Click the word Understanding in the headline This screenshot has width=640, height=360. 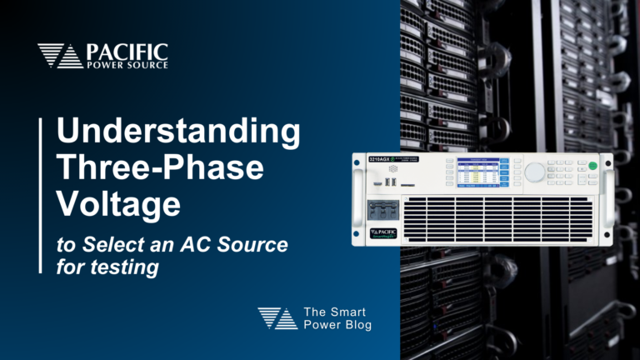[178, 134]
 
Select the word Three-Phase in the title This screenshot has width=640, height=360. [160, 169]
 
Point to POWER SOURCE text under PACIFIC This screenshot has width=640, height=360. [127, 65]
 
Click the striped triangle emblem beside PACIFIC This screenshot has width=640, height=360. [60, 56]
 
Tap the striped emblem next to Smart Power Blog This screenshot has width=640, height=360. [277, 317]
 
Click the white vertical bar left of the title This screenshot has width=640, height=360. [41, 195]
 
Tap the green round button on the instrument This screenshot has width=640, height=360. [592, 167]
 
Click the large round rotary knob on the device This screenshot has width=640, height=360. [534, 172]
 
